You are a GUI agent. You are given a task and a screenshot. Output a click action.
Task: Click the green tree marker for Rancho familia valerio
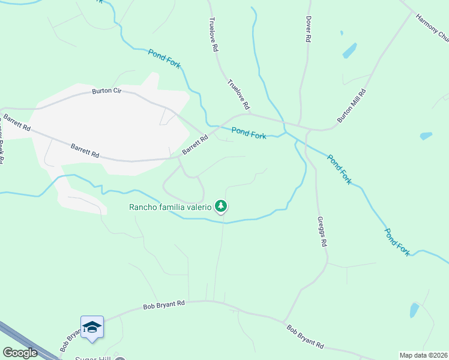(x=221, y=206)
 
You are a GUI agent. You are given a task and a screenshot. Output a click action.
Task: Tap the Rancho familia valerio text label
(x=170, y=208)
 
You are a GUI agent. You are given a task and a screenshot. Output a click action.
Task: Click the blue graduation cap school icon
(x=92, y=327)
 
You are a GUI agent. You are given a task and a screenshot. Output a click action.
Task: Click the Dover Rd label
(x=308, y=29)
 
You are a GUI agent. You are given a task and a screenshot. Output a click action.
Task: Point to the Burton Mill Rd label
(x=352, y=106)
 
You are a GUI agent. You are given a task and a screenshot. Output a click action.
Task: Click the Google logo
(x=20, y=353)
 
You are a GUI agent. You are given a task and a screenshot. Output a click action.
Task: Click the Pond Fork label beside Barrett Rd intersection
(x=249, y=133)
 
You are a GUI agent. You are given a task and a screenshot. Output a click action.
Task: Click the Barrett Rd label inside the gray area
(x=84, y=150)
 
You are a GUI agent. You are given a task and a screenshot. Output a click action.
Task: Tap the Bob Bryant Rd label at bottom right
(x=305, y=337)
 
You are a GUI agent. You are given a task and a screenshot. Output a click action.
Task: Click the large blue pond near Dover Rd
(x=349, y=51)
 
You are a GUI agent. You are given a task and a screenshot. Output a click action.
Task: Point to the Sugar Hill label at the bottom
(x=94, y=358)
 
